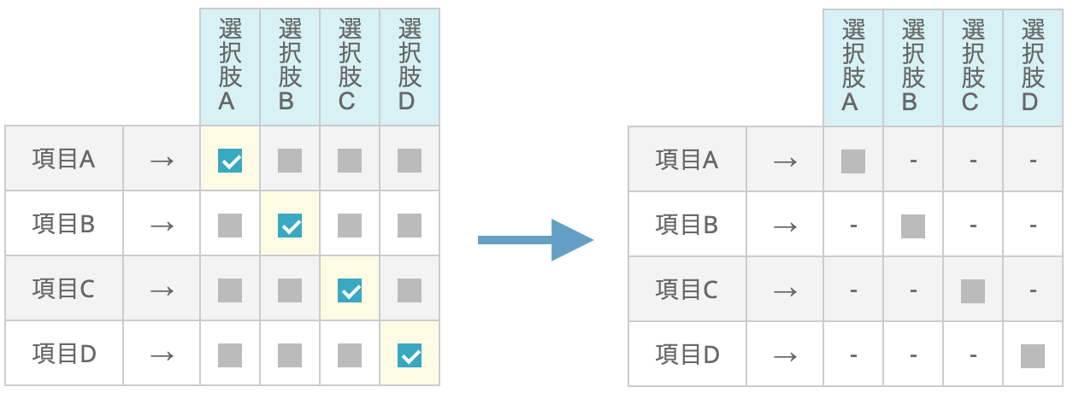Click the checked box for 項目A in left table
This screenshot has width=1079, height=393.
230,160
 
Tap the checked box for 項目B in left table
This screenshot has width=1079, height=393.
290,226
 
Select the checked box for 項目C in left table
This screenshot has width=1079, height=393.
350,290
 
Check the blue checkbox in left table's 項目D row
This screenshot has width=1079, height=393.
410,355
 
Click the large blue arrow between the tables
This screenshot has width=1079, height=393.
535,239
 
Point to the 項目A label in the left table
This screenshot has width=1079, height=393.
63,160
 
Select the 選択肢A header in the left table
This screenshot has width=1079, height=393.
230,66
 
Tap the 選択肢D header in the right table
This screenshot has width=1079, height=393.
1033,66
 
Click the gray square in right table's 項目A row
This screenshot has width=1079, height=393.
853,161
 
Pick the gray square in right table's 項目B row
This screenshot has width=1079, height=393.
913,226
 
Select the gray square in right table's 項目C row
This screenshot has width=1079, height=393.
973,291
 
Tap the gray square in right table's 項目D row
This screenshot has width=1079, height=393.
1033,355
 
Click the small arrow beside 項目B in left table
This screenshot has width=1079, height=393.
162,226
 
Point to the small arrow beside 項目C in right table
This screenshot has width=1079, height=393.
785,291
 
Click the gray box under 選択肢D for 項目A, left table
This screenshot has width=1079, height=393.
410,160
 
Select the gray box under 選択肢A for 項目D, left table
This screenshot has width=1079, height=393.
230,355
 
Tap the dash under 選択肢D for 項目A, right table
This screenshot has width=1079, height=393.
1033,161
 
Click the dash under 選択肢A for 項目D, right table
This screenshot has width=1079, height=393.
853,355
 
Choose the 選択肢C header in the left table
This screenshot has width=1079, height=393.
350,66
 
